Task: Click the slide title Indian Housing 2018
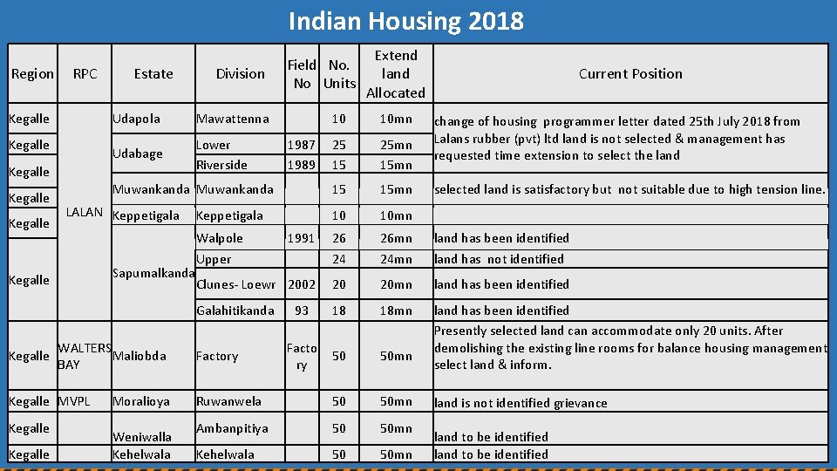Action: pyautogui.click(x=406, y=21)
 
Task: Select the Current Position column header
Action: pyautogui.click(x=630, y=74)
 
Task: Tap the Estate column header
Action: pyautogui.click(x=153, y=74)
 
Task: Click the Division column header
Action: pyautogui.click(x=240, y=74)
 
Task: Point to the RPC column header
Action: pyautogui.click(x=85, y=74)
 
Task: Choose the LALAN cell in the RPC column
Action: pyautogui.click(x=85, y=212)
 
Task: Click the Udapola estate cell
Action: pyautogui.click(x=136, y=119)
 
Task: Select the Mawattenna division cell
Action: pyautogui.click(x=233, y=119)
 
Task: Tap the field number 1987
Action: pyautogui.click(x=302, y=145)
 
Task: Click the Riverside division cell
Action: pyautogui.click(x=221, y=165)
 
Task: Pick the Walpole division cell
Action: pyautogui.click(x=220, y=238)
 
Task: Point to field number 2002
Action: pyautogui.click(x=302, y=284)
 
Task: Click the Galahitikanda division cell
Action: pyautogui.click(x=235, y=311)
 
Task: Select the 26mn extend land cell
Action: pyautogui.click(x=396, y=238)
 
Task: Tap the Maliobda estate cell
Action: pyautogui.click(x=139, y=356)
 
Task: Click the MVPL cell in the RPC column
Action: pyautogui.click(x=73, y=401)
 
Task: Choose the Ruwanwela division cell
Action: pyautogui.click(x=228, y=401)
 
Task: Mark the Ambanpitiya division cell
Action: pyautogui.click(x=232, y=428)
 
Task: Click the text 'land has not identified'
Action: pyautogui.click(x=499, y=259)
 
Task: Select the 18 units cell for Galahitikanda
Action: pyautogui.click(x=339, y=311)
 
